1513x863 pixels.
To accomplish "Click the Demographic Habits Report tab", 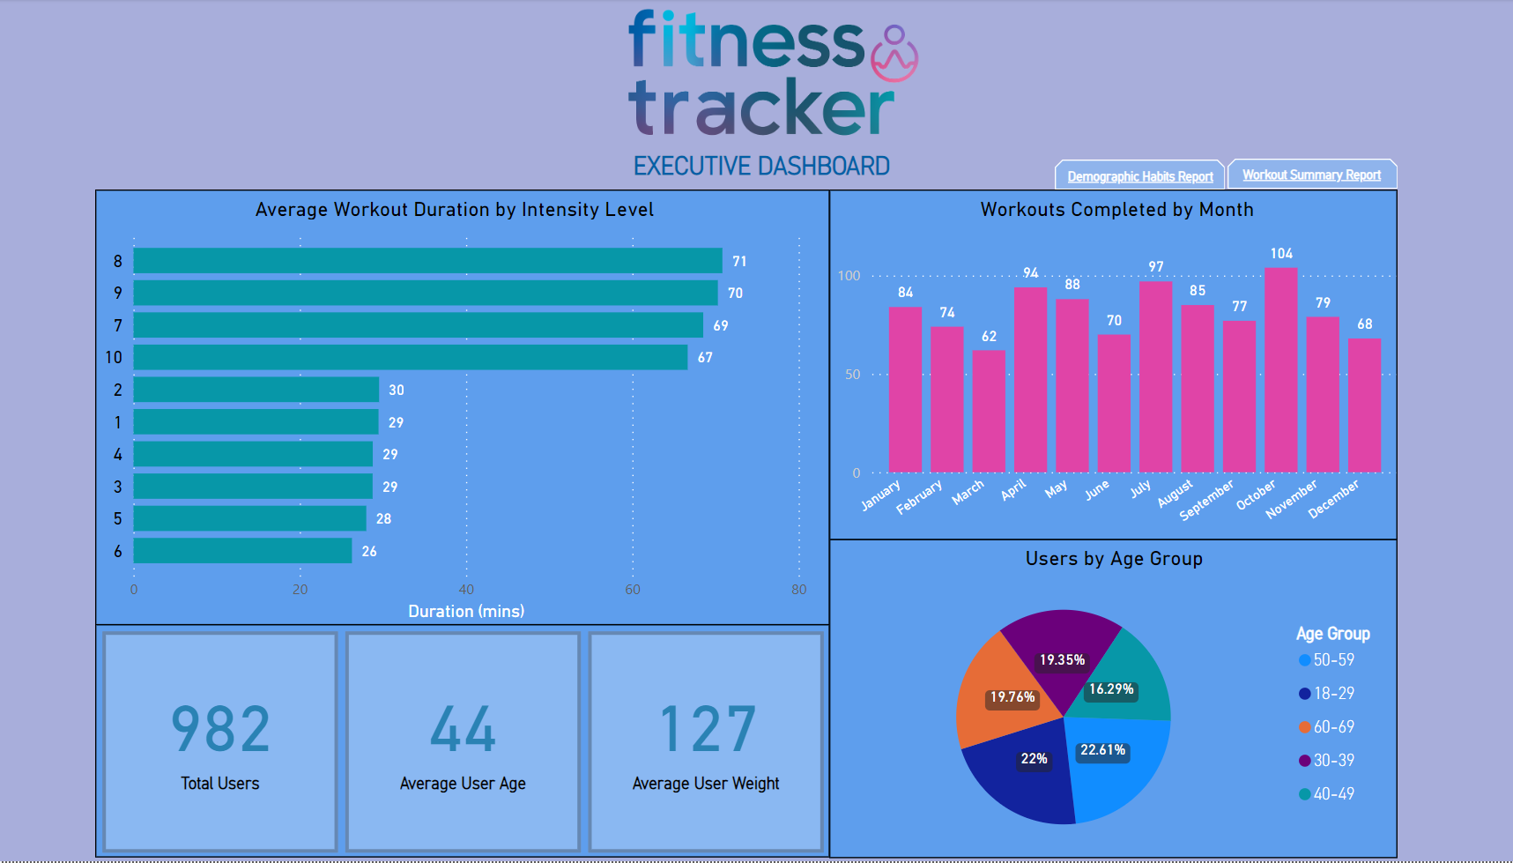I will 1139,176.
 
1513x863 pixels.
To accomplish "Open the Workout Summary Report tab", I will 1311,175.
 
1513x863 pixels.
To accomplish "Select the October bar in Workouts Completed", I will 1280,370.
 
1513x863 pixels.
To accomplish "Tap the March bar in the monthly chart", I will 989,411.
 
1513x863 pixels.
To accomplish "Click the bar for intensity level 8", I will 427,261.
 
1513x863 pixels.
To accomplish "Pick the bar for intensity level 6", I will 242,551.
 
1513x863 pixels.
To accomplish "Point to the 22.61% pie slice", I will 1117,767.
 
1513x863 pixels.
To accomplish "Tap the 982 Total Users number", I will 220,730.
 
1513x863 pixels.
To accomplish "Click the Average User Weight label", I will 706,784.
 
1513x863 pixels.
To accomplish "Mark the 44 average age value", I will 463,730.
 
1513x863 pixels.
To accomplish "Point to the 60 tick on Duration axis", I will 633,590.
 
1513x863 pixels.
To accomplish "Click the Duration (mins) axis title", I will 466,611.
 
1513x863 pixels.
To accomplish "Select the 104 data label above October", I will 1281,254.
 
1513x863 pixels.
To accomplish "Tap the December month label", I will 1333,499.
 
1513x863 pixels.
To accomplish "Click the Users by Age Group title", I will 1114,559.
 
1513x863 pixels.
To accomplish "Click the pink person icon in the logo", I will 894,53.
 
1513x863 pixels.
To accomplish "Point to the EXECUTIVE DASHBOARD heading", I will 761,166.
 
